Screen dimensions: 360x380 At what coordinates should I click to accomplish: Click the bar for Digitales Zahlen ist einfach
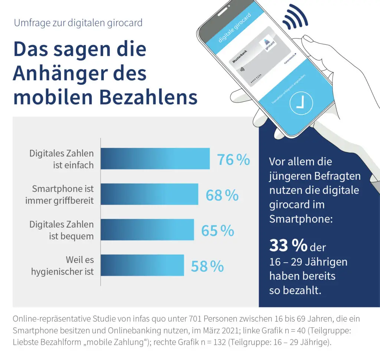click(x=155, y=159)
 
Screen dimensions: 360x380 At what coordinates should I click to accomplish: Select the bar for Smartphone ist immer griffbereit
click(x=150, y=194)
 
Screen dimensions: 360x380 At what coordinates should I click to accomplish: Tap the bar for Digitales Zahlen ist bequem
click(x=147, y=230)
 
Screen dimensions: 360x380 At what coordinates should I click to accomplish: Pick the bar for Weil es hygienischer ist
click(x=142, y=265)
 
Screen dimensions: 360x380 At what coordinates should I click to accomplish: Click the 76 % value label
click(x=233, y=160)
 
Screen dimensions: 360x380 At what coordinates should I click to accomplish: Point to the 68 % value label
click(x=222, y=195)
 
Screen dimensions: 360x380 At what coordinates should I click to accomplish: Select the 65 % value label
click(x=217, y=231)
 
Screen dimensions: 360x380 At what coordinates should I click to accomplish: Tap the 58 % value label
click(x=207, y=266)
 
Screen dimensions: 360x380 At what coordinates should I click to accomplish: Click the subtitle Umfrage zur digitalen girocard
click(x=78, y=23)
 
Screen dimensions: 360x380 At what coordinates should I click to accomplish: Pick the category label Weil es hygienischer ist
click(x=62, y=265)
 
